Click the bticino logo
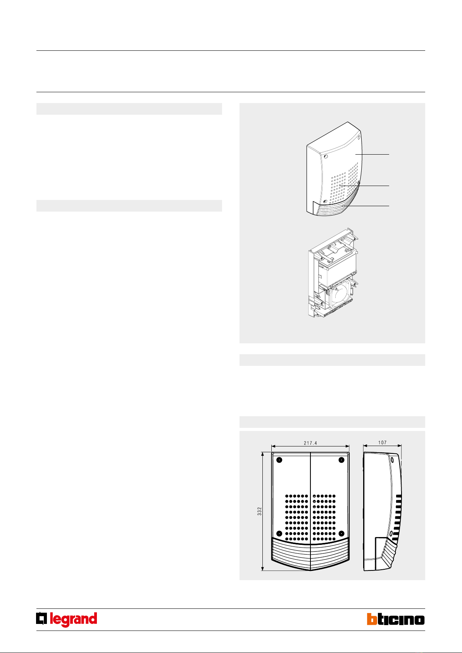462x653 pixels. pyautogui.click(x=396, y=619)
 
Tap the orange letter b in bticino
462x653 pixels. pyautogui.click(x=372, y=619)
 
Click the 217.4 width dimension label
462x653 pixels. pyautogui.click(x=310, y=443)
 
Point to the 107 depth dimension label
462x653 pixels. pyautogui.click(x=382, y=443)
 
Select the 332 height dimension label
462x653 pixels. pyautogui.click(x=259, y=511)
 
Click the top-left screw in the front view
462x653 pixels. pyautogui.click(x=279, y=460)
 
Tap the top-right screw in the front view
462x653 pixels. pyautogui.click(x=341, y=460)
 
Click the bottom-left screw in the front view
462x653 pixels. pyautogui.click(x=279, y=534)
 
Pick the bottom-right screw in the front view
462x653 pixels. pyautogui.click(x=341, y=534)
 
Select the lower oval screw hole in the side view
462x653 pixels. pyautogui.click(x=391, y=534)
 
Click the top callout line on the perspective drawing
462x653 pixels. pyautogui.click(x=372, y=154)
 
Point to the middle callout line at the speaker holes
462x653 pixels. pyautogui.click(x=364, y=186)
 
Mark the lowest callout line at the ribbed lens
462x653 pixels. pyautogui.click(x=366, y=206)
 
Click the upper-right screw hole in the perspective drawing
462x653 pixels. pyautogui.click(x=359, y=137)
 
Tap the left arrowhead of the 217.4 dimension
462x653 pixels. pyautogui.click(x=273, y=446)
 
